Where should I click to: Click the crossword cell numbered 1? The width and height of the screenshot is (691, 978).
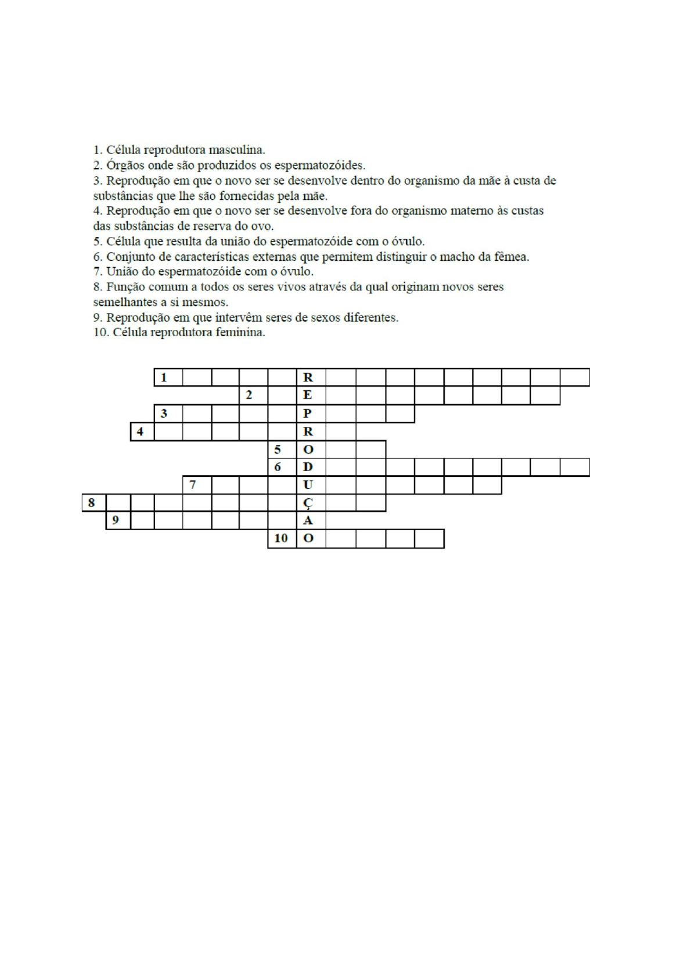168,377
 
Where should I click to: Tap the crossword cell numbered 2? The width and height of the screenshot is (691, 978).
253,395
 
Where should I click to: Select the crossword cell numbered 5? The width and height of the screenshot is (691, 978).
282,450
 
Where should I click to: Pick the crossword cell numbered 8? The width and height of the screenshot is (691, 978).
93,502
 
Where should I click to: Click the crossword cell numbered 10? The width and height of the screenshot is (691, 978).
282,538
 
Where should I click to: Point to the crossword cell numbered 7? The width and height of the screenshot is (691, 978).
197,484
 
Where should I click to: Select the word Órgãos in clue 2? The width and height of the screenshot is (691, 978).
124,165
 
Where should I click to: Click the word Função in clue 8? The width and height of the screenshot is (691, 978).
126,287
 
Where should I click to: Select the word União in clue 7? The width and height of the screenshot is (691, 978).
123,272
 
